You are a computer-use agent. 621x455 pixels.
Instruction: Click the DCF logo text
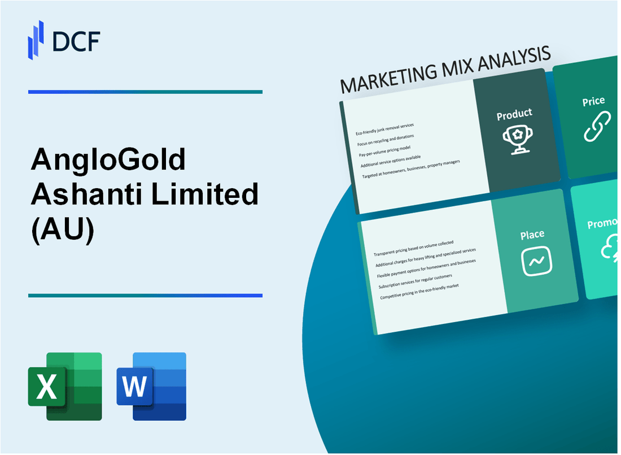(x=77, y=42)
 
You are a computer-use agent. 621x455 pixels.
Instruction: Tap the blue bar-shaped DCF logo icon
(x=36, y=39)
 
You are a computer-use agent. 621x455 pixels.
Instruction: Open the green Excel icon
(x=65, y=387)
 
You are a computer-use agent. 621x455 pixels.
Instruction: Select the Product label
(x=514, y=115)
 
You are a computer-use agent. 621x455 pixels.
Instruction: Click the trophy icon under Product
(x=515, y=138)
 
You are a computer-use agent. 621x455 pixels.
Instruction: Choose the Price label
(x=593, y=102)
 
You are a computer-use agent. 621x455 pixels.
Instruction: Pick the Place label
(x=532, y=234)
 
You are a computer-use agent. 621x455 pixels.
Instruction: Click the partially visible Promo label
(x=603, y=224)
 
